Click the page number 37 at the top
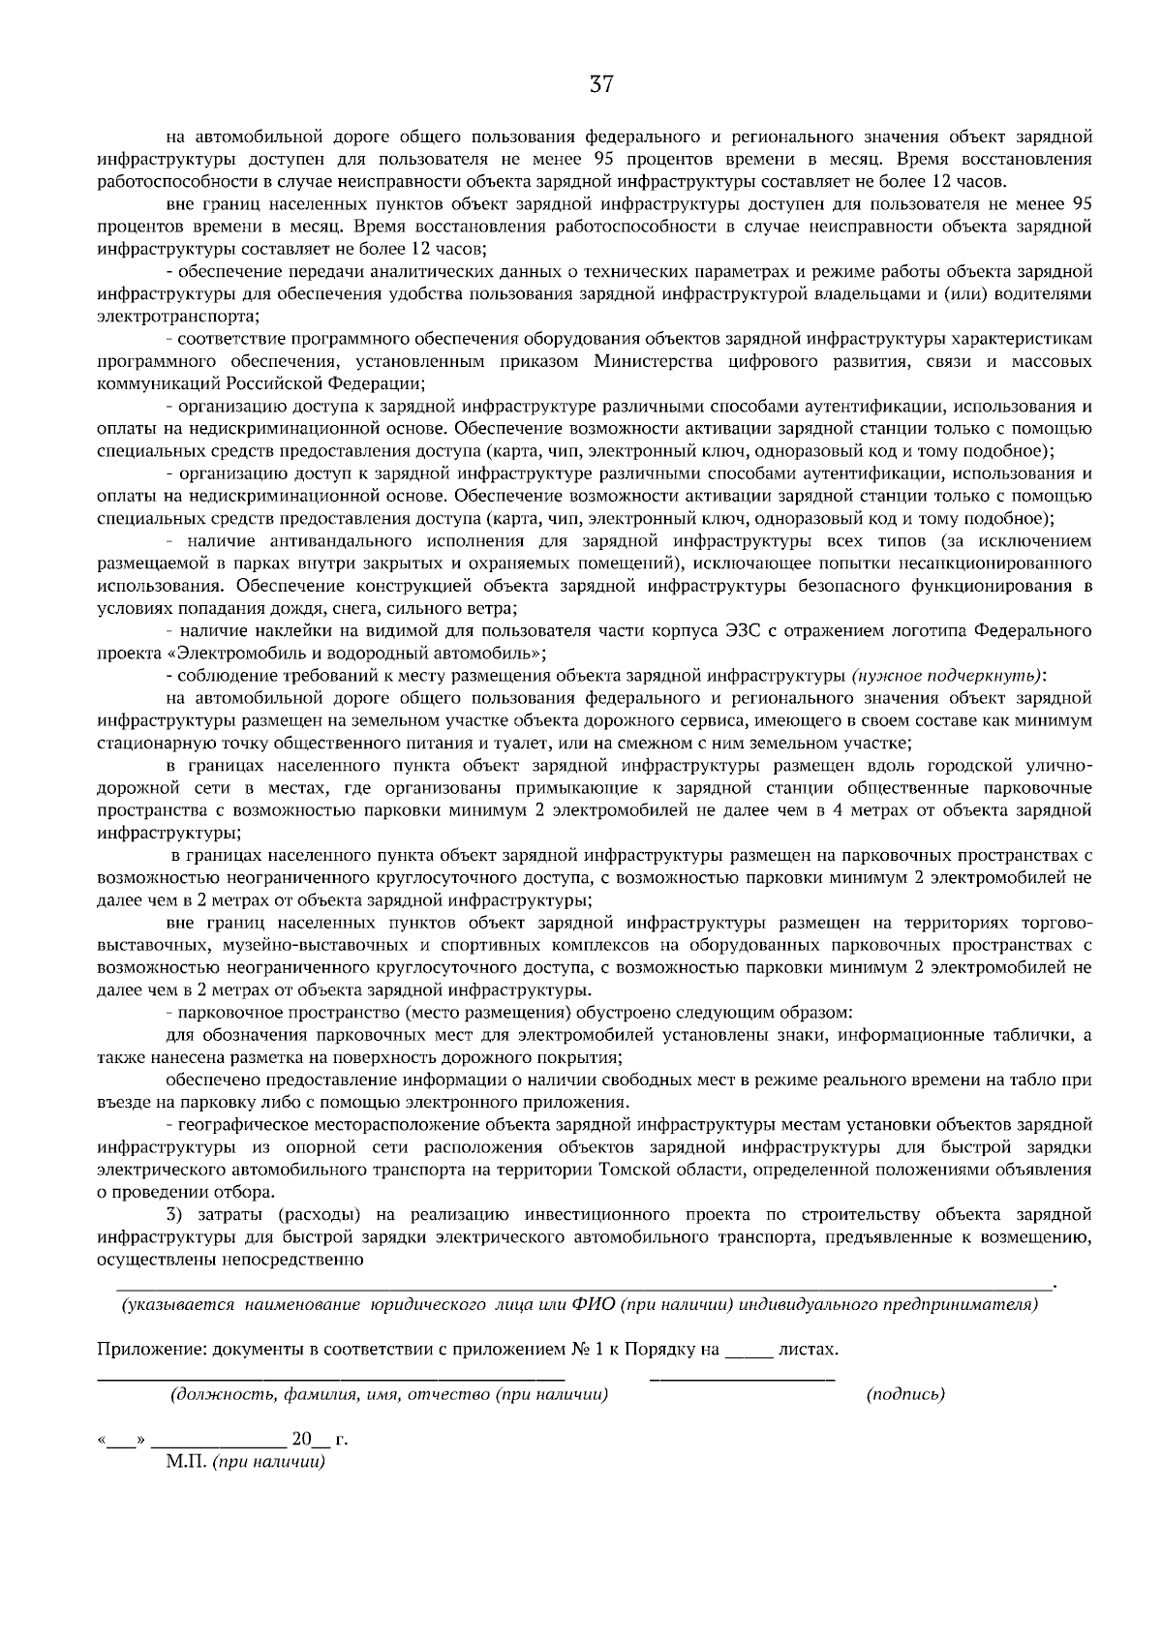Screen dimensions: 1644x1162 pyautogui.click(x=601, y=85)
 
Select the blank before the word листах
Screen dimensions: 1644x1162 pyautogui.click(x=749, y=1350)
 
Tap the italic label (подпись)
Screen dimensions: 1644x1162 pyautogui.click(x=905, y=1394)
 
